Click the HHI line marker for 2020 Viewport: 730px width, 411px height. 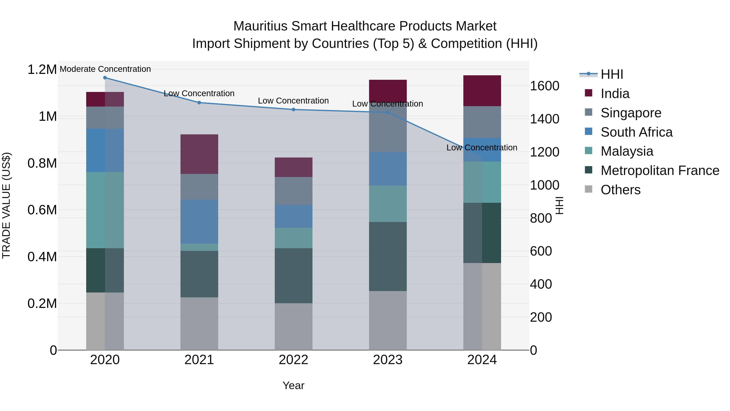pos(105,78)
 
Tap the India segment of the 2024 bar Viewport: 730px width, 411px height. pos(482,91)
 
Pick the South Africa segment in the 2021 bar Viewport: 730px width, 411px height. pos(199,221)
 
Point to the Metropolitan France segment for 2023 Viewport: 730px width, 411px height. pos(388,256)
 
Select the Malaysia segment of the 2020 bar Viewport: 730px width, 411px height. pos(105,210)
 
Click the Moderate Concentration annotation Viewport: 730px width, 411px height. pos(105,69)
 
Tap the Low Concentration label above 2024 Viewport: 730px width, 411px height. pos(482,148)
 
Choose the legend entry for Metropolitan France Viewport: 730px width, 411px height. pos(660,170)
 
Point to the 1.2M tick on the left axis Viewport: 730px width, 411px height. pos(42,69)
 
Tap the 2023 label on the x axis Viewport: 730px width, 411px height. pos(388,360)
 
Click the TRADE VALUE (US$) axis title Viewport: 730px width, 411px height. pos(6,205)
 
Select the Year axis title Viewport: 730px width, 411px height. pos(293,385)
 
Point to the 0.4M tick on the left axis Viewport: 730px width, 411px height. pos(42,257)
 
